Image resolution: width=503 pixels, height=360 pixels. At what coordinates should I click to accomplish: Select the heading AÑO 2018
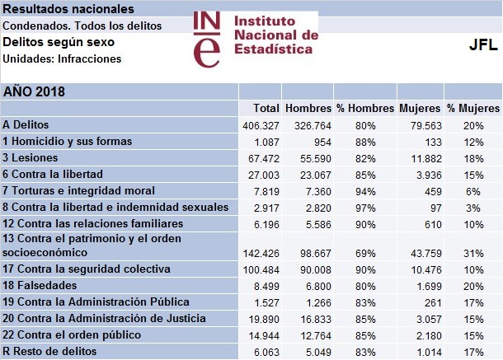(x=34, y=91)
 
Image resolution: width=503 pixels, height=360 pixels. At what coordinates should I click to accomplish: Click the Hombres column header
(x=308, y=109)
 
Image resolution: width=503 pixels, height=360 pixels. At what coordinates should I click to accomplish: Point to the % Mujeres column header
(x=472, y=109)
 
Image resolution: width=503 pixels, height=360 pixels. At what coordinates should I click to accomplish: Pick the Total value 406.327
(x=260, y=125)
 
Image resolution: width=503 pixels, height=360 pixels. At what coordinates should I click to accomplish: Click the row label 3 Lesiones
(x=30, y=157)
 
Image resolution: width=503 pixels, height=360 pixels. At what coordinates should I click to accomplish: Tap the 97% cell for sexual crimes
(x=365, y=206)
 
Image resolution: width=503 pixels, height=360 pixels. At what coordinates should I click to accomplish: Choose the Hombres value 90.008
(x=313, y=269)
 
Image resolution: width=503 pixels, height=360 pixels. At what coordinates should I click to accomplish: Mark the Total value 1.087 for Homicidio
(x=266, y=141)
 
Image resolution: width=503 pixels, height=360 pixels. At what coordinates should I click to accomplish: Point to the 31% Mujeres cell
(x=472, y=252)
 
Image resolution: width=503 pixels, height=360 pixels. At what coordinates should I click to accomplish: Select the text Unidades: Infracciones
(x=63, y=58)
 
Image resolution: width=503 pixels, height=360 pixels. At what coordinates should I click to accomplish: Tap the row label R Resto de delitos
(x=49, y=351)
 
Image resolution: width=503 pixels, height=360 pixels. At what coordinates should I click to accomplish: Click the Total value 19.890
(x=262, y=319)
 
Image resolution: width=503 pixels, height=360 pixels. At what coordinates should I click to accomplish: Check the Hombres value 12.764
(x=313, y=335)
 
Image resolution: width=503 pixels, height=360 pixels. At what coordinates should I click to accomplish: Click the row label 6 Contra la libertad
(x=53, y=173)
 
